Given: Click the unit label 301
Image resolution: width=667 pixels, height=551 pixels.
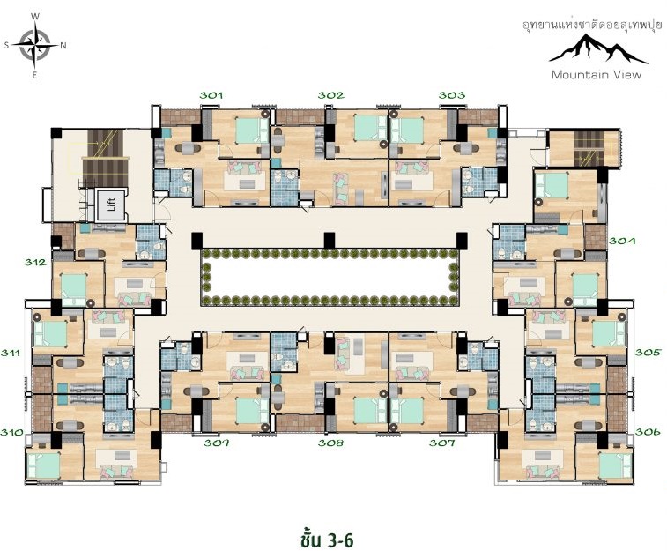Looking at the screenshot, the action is pyautogui.click(x=211, y=95).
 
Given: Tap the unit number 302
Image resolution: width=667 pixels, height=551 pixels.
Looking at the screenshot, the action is pyautogui.click(x=331, y=95).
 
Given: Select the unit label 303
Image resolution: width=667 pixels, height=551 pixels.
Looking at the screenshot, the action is pyautogui.click(x=452, y=95).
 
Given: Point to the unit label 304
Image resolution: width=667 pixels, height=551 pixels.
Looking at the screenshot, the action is pyautogui.click(x=623, y=242).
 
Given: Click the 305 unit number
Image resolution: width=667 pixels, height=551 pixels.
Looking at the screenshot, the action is pyautogui.click(x=648, y=353).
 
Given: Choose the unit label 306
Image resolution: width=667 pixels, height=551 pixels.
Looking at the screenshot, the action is pyautogui.click(x=648, y=432).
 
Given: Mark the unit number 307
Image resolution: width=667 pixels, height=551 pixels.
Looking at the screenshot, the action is pyautogui.click(x=442, y=443).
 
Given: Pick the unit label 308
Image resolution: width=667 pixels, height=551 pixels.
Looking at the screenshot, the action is pyautogui.click(x=331, y=443).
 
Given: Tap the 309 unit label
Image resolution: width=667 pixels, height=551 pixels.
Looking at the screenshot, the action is pyautogui.click(x=217, y=443).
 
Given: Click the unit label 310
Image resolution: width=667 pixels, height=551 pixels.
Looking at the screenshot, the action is pyautogui.click(x=11, y=433).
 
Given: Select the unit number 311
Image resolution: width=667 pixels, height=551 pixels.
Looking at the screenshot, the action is pyautogui.click(x=11, y=353).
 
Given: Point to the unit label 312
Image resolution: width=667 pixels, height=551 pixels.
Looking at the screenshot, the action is pyautogui.click(x=35, y=263).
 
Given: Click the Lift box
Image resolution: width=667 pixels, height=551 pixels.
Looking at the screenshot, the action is pyautogui.click(x=112, y=205).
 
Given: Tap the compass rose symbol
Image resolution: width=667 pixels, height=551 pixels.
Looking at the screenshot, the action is pyautogui.click(x=35, y=45).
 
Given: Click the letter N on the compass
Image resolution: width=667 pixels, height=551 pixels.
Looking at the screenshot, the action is pyautogui.click(x=63, y=46).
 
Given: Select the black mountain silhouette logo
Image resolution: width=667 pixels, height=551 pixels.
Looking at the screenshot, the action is pyautogui.click(x=598, y=49).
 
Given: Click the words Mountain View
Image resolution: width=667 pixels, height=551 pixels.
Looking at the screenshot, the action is pyautogui.click(x=597, y=75).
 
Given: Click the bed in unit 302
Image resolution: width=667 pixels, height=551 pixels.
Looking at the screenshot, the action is pyautogui.click(x=367, y=128).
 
